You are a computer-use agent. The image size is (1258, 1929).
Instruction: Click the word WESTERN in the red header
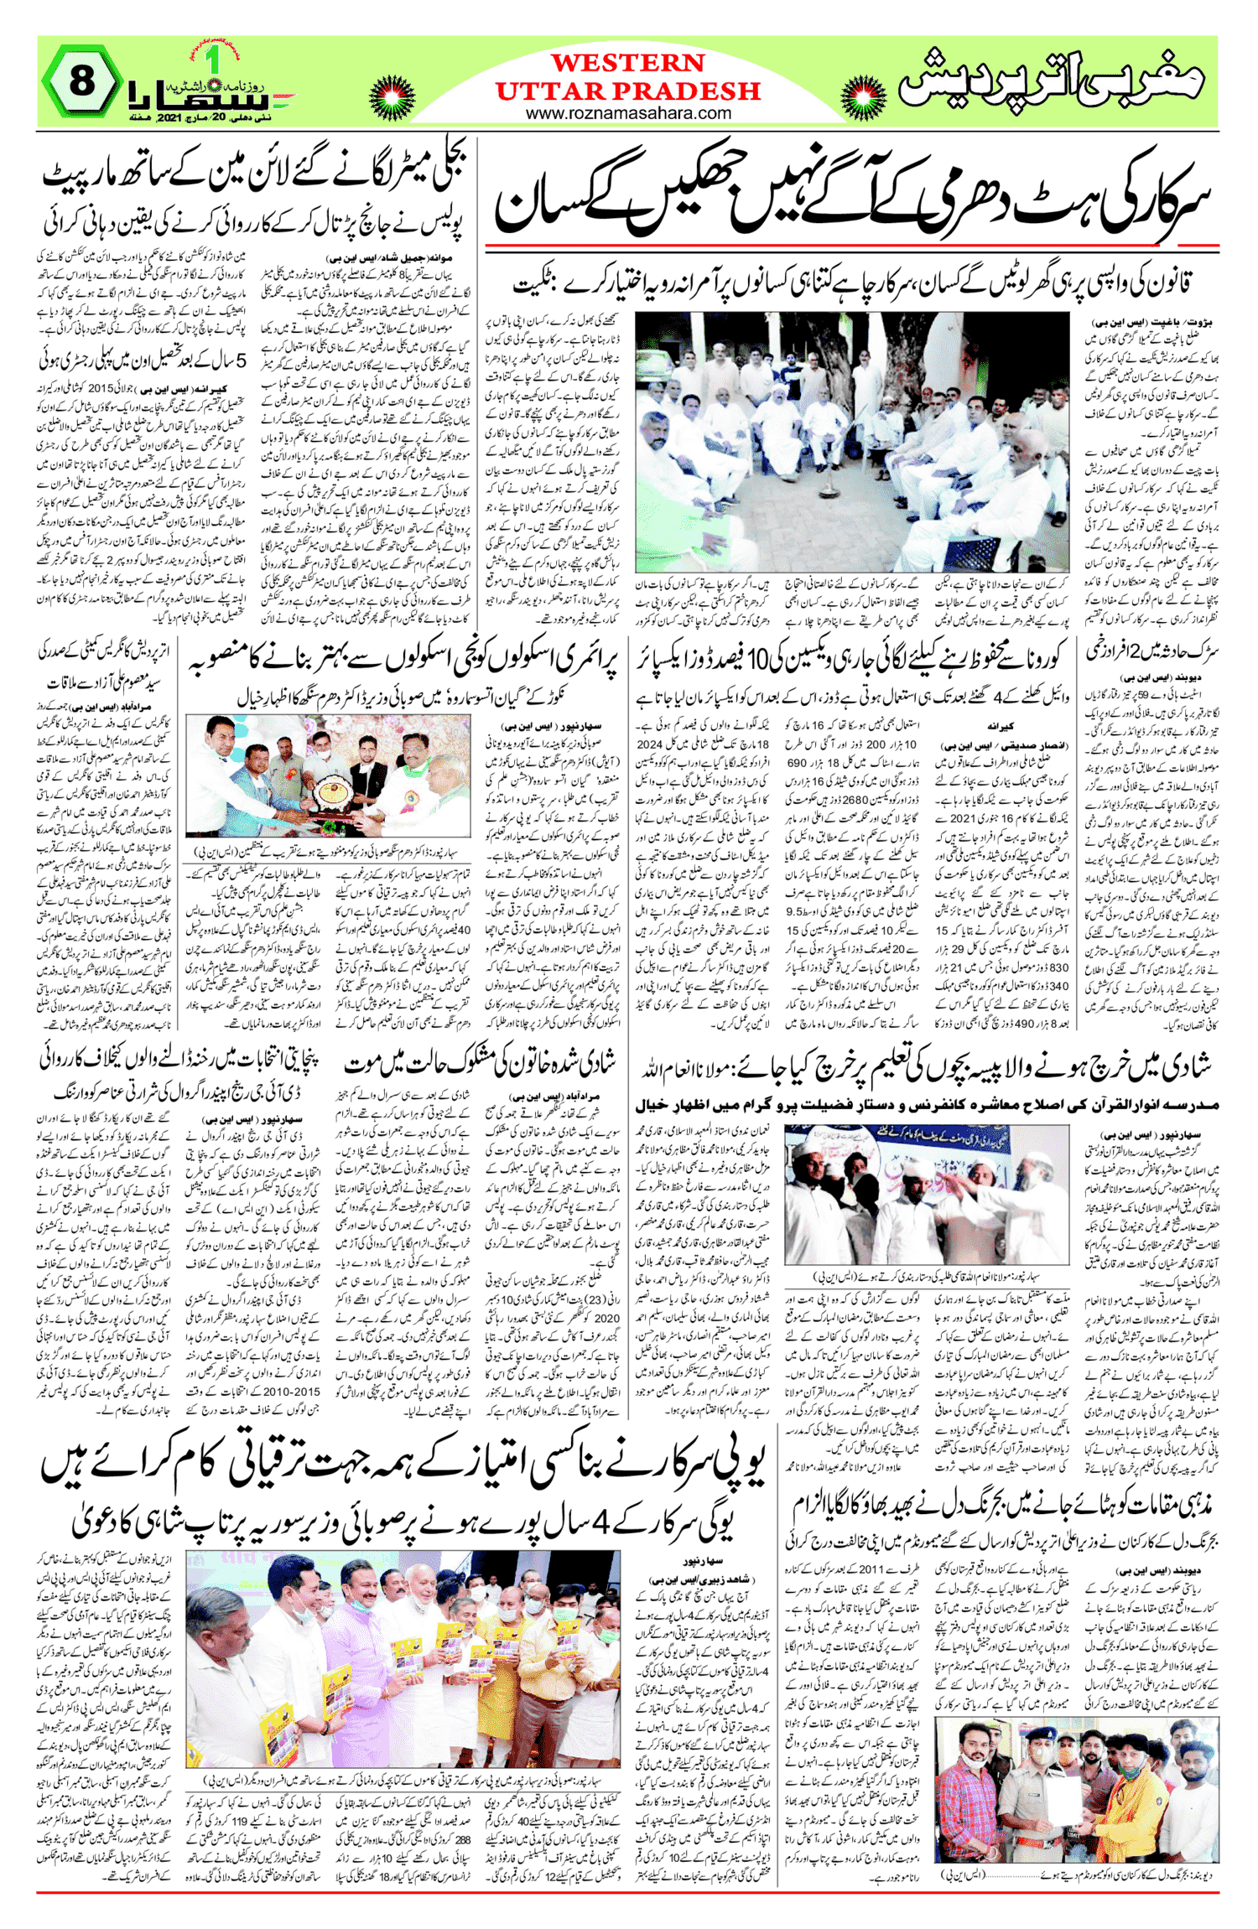coord(627,64)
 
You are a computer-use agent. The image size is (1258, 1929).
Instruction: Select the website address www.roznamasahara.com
coord(628,113)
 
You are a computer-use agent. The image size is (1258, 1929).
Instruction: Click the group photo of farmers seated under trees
coord(851,442)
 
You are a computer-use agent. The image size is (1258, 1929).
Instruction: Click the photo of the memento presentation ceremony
coord(327,775)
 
